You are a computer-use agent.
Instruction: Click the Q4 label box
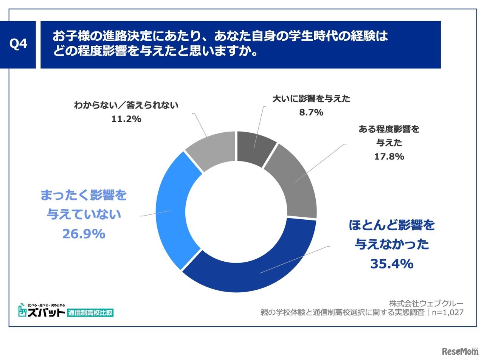click(18, 45)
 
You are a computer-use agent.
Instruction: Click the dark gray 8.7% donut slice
click(256, 148)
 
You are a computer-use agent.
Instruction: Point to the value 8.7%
click(311, 112)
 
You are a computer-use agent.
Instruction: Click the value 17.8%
click(389, 156)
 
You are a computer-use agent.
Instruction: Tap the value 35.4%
click(392, 264)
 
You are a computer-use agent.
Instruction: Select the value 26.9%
click(84, 234)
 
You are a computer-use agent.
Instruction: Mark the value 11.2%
click(126, 119)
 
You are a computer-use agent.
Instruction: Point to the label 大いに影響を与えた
click(311, 99)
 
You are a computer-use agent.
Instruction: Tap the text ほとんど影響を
click(392, 225)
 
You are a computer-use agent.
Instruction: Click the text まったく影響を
click(84, 195)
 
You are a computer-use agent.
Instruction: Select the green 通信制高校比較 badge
click(91, 313)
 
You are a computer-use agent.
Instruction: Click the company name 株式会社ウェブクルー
click(426, 303)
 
